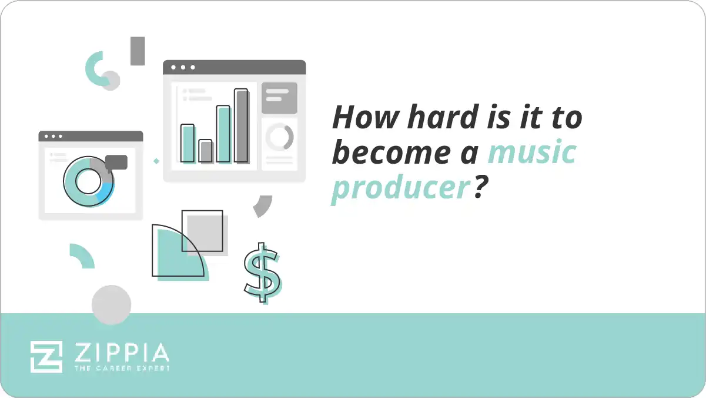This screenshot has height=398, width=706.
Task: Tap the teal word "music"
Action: point(532,152)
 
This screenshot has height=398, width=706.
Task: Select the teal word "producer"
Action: point(401,187)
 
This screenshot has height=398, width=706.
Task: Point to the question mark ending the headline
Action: point(482,187)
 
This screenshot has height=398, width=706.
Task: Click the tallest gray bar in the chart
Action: point(241,125)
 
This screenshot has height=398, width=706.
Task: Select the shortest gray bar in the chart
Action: point(205,151)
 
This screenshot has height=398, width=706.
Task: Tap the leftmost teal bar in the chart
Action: point(188,143)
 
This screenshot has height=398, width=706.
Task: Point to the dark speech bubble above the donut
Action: point(116,162)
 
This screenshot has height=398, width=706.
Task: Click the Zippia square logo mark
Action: point(46,357)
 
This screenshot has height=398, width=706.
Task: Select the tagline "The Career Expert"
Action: point(122,368)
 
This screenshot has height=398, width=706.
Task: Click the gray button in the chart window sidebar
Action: point(279,98)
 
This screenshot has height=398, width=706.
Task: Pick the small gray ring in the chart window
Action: point(279,137)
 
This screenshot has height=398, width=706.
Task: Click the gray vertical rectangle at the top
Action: point(138,51)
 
